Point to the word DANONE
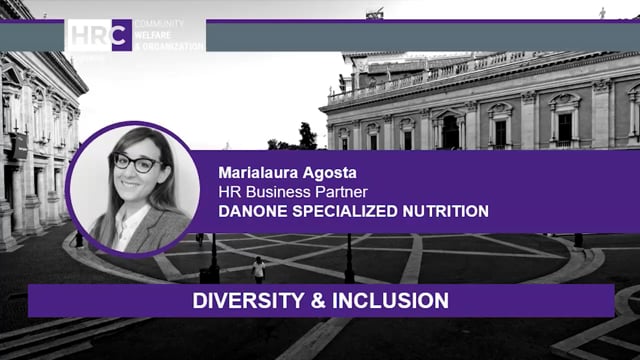click(250, 211)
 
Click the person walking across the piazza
click(259, 269)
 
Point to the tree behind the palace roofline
click(307, 136)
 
